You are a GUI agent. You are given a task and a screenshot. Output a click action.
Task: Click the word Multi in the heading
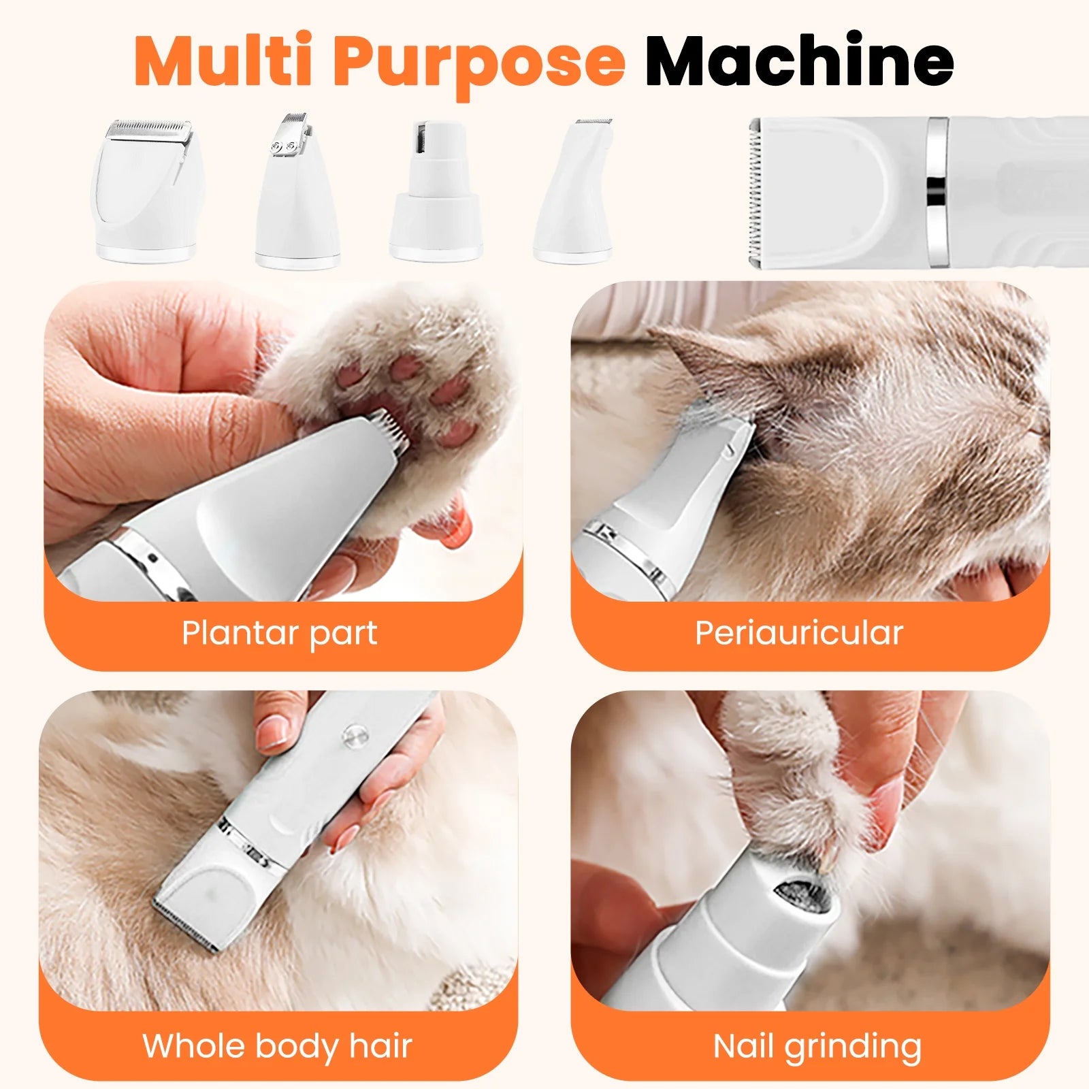tap(225, 61)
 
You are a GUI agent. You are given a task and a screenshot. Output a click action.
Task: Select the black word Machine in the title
tap(799, 61)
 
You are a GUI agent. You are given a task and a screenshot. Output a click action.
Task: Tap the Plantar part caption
tap(279, 633)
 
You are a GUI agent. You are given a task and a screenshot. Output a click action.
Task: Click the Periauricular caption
tap(798, 633)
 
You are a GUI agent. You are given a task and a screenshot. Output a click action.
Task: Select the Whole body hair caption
tap(277, 1046)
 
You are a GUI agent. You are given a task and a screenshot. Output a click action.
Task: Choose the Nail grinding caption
tap(817, 1046)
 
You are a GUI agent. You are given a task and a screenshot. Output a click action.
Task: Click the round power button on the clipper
tap(354, 734)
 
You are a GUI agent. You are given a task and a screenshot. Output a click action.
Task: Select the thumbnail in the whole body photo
tap(273, 732)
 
